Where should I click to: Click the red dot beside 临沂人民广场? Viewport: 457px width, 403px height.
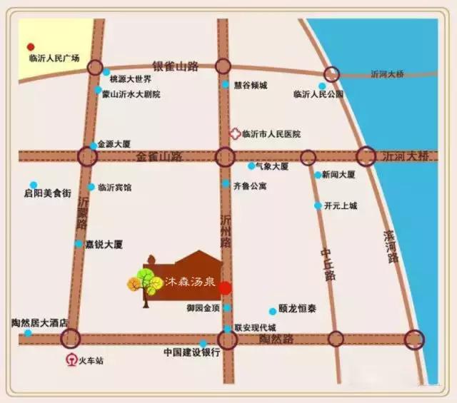click(x=31, y=46)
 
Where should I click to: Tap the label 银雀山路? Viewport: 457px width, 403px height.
click(x=174, y=66)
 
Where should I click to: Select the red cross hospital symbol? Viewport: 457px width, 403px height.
click(x=234, y=133)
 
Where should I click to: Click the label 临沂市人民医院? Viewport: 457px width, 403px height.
click(x=271, y=134)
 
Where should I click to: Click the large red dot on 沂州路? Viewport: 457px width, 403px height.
click(x=225, y=287)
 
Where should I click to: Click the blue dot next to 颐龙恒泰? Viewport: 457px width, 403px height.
click(x=272, y=311)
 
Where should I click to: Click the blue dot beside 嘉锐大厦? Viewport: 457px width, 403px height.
click(x=79, y=244)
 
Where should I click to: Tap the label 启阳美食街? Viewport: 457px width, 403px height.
click(x=47, y=193)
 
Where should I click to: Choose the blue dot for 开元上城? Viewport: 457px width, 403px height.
click(x=318, y=206)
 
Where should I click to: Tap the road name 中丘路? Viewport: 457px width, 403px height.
click(x=328, y=264)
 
